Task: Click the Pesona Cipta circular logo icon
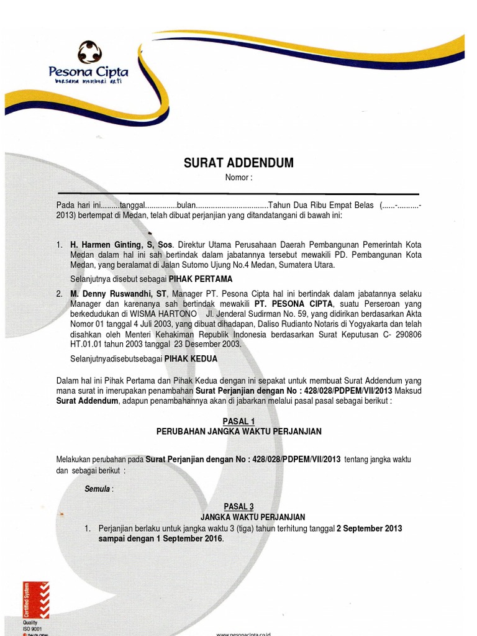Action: tap(89, 52)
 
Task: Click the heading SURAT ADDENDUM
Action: tap(238, 163)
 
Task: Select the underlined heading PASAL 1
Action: tap(238, 421)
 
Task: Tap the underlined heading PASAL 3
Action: tap(238, 507)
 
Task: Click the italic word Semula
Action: tap(98, 489)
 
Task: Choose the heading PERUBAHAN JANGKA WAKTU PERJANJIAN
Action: tap(238, 431)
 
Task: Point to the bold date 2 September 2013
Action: tap(369, 529)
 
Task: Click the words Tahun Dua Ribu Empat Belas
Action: tap(320, 206)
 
